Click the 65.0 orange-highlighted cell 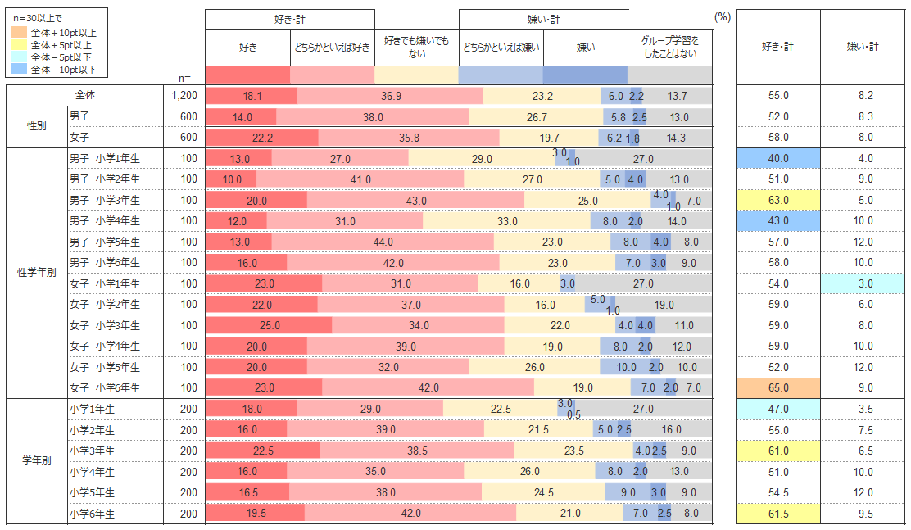pyautogui.click(x=777, y=387)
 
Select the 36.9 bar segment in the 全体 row pyautogui.click(x=391, y=96)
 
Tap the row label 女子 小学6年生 pyautogui.click(x=105, y=387)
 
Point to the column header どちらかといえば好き pyautogui.click(x=332, y=48)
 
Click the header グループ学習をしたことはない pyautogui.click(x=670, y=48)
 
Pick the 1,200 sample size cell pyautogui.click(x=185, y=96)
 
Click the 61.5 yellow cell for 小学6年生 pyautogui.click(x=777, y=514)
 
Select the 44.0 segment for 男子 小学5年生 pyautogui.click(x=383, y=242)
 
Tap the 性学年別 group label pyautogui.click(x=36, y=273)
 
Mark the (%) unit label pyautogui.click(x=723, y=17)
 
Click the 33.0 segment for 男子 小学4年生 pyautogui.click(x=507, y=220)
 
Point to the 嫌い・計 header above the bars pyautogui.click(x=543, y=19)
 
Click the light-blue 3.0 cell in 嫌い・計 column pyautogui.click(x=865, y=283)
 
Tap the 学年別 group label pyautogui.click(x=36, y=461)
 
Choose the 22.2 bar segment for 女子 pyautogui.click(x=262, y=138)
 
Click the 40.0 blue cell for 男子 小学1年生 pyautogui.click(x=777, y=158)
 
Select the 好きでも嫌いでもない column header pyautogui.click(x=416, y=48)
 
